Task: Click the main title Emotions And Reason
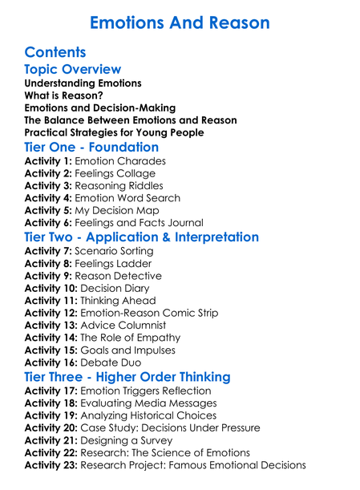180,22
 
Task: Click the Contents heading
55,53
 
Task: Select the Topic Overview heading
73,70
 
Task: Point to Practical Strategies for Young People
114,132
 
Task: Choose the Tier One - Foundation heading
91,148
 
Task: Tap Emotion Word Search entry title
129,198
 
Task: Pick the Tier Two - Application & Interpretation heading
142,237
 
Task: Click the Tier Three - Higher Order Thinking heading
139,377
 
